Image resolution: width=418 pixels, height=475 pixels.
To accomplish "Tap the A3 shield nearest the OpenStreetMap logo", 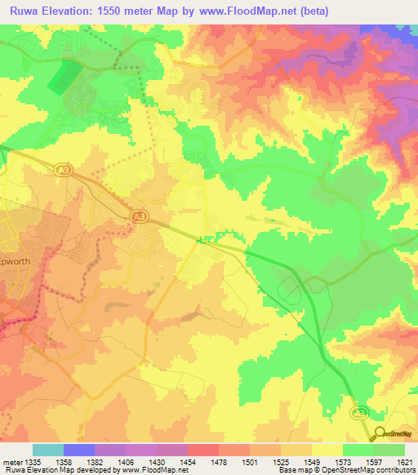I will [x=360, y=415].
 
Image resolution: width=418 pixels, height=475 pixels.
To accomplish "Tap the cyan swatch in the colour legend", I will [x=48, y=450].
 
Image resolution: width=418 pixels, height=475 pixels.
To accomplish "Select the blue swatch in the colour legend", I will [x=79, y=450].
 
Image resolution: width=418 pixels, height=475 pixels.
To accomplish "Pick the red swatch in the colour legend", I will [x=203, y=450].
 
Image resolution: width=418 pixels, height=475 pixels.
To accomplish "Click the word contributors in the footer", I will [x=396, y=471].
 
